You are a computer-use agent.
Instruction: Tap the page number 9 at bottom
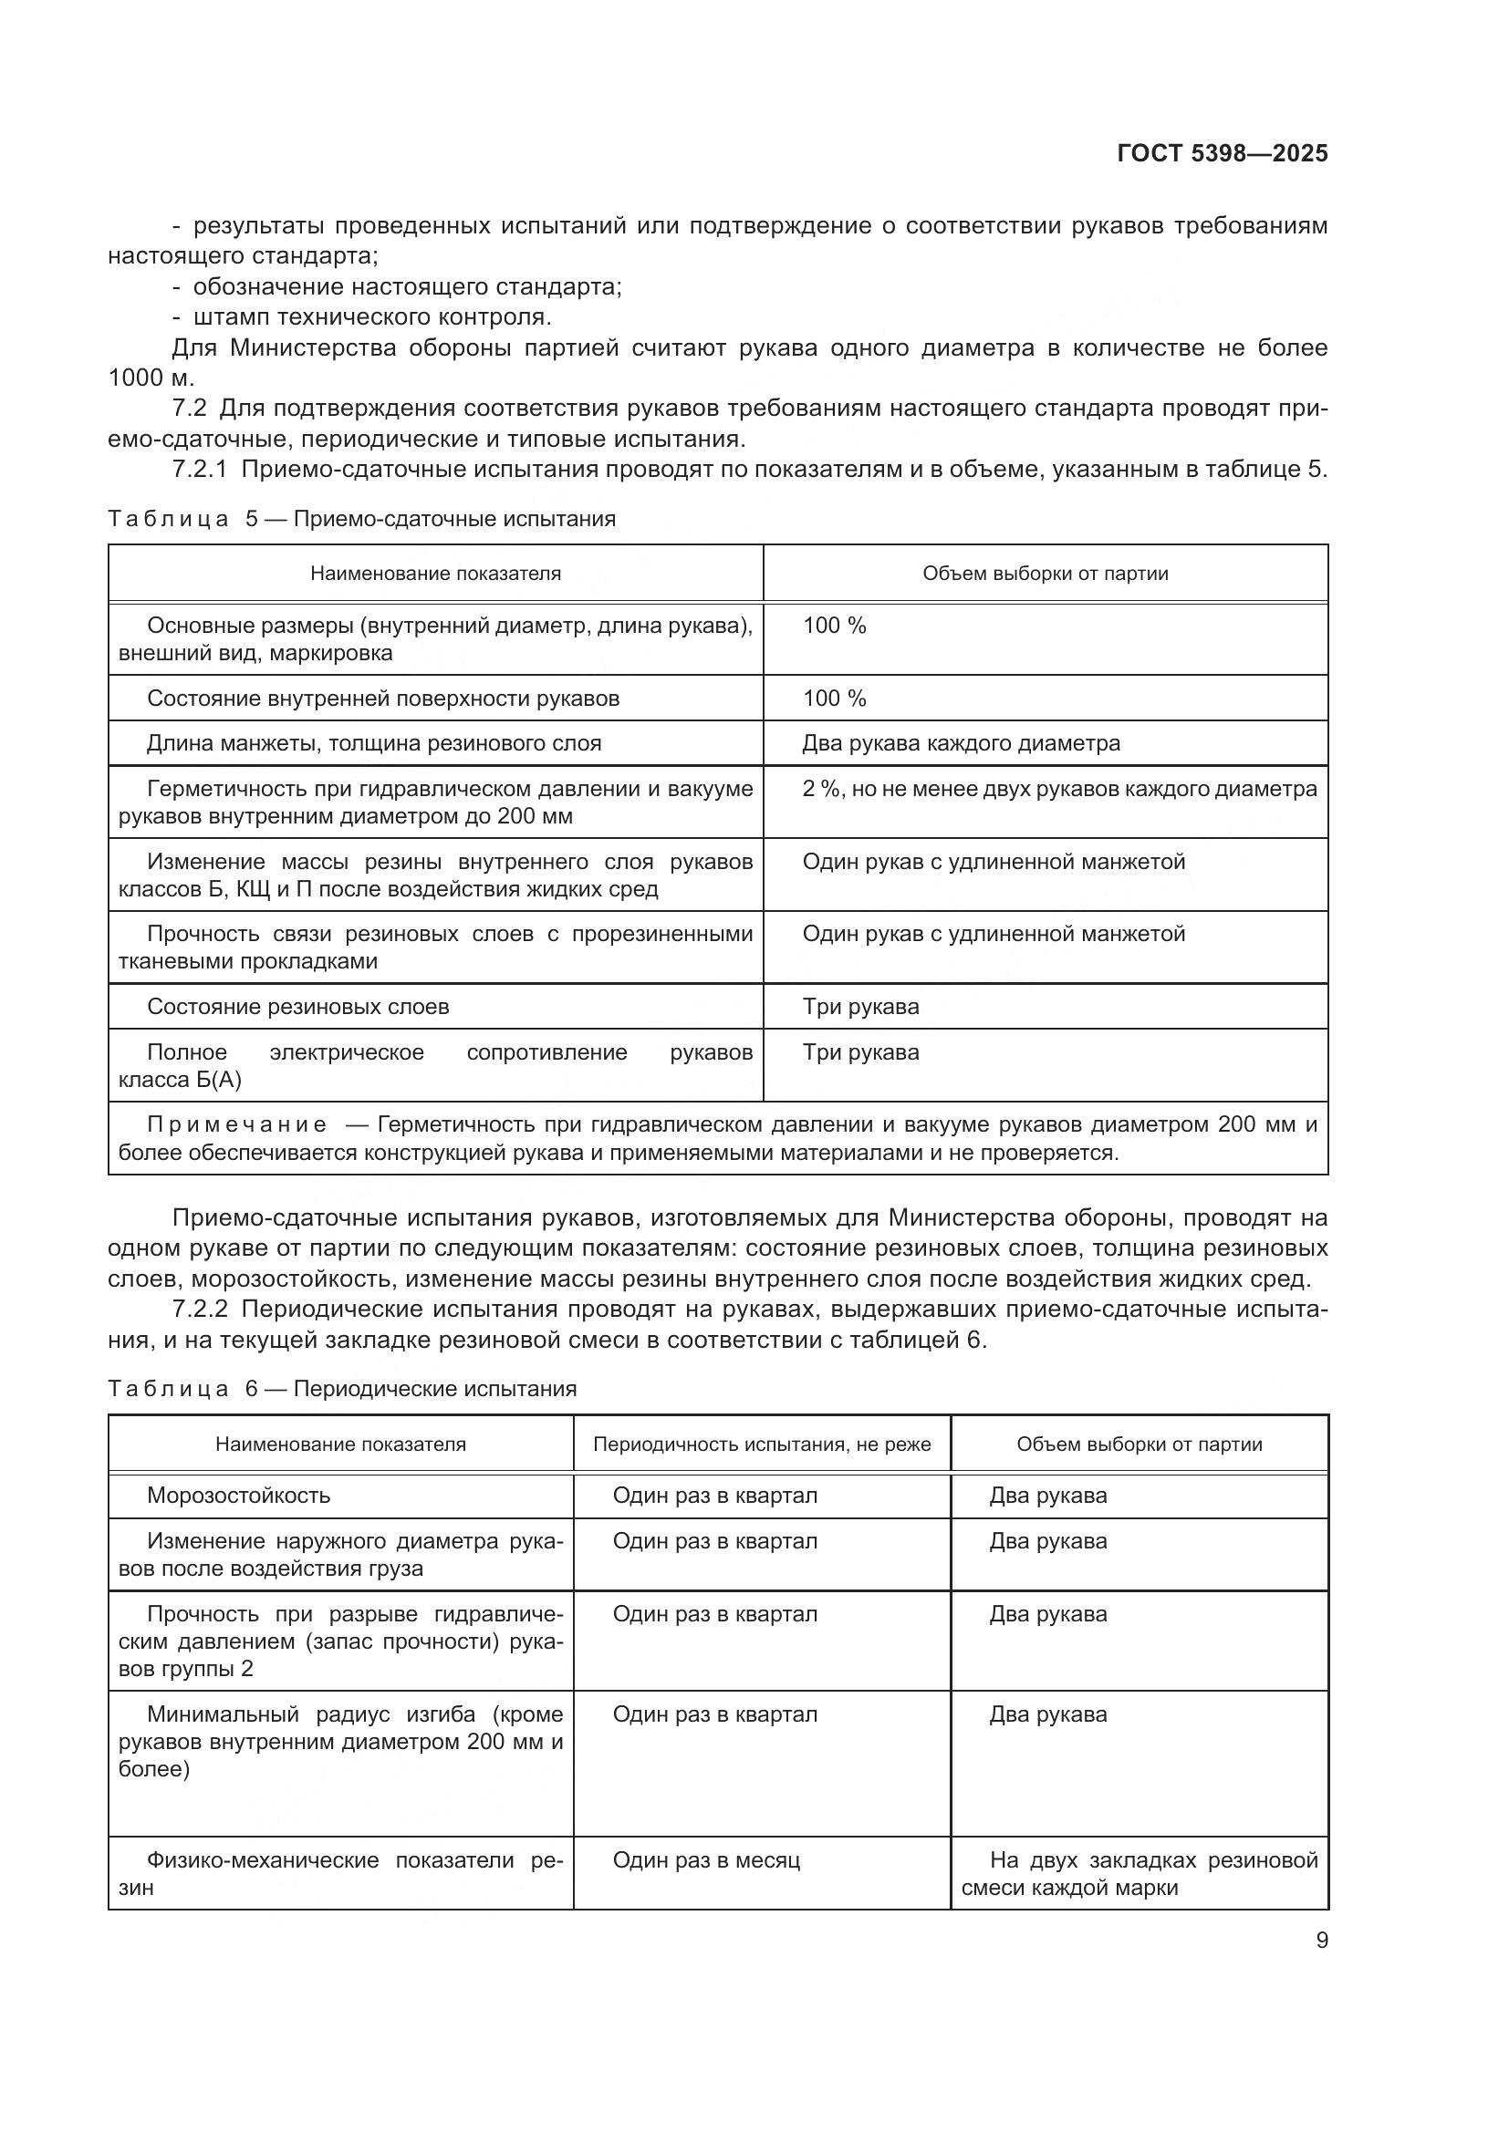(x=1321, y=1941)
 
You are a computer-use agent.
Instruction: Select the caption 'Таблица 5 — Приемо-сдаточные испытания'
(x=361, y=519)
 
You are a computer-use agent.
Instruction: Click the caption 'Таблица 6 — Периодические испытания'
(x=342, y=1389)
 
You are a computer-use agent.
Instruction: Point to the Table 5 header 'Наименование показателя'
(x=435, y=575)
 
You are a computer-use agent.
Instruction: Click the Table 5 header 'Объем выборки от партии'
(x=1045, y=575)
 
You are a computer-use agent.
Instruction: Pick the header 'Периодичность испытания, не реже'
(x=761, y=1444)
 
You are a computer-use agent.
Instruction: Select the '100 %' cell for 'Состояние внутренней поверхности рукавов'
(x=834, y=699)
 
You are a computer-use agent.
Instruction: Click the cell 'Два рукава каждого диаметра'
(x=961, y=743)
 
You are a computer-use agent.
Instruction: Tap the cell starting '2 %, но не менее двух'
(x=1058, y=790)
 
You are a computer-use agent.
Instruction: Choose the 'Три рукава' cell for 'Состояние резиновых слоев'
(x=860, y=1007)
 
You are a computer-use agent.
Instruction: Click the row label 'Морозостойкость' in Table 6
(x=239, y=1496)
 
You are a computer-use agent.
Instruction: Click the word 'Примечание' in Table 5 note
(x=237, y=1125)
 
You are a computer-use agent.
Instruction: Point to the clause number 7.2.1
(x=200, y=470)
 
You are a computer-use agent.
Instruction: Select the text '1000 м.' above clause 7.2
(x=151, y=378)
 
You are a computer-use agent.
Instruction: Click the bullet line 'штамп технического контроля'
(x=371, y=316)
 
